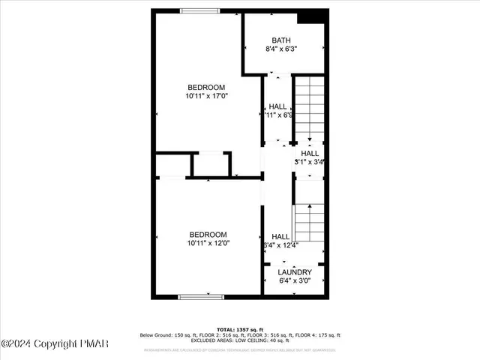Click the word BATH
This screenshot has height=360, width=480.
281,40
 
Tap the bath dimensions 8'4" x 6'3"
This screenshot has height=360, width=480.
281,49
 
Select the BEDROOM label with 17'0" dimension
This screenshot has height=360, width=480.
207,87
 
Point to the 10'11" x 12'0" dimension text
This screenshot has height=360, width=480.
208,242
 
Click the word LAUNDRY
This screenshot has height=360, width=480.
294,272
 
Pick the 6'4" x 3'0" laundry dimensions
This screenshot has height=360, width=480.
294,281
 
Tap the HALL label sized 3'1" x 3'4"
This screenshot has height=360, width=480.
309,152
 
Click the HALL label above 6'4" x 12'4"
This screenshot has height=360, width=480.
280,236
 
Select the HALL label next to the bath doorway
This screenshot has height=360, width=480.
277,106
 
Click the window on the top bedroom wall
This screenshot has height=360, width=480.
200,10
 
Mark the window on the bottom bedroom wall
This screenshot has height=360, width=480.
200,297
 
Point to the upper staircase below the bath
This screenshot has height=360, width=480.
308,109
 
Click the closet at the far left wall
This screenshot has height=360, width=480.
172,164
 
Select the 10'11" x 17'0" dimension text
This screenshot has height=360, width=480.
207,96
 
